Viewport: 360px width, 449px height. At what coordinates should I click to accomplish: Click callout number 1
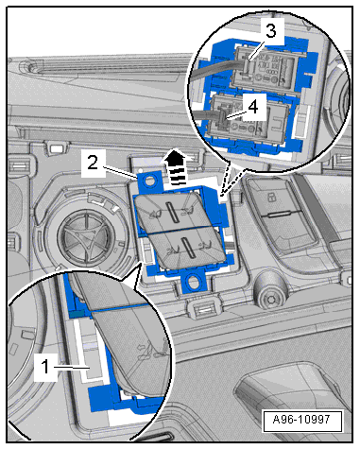(x=45, y=367)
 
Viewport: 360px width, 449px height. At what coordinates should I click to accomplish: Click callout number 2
(x=93, y=164)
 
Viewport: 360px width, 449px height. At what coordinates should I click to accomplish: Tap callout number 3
(x=271, y=31)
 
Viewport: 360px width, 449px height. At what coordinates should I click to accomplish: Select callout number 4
(x=253, y=107)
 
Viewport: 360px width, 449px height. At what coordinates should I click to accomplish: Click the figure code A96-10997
(x=302, y=420)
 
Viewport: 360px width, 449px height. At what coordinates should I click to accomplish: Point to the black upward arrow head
(x=178, y=157)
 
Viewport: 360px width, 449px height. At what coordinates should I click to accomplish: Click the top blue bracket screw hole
(x=149, y=181)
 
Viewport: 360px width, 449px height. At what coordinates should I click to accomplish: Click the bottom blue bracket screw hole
(x=193, y=280)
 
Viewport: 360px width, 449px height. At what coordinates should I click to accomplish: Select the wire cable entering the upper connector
(x=216, y=70)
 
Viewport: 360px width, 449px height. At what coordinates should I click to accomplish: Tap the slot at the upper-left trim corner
(x=57, y=147)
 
